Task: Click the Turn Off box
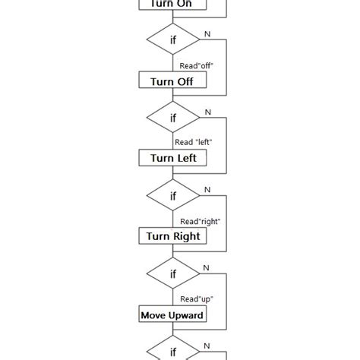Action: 172,81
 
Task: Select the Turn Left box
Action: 172,158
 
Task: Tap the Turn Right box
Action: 172,236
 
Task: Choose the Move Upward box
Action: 172,314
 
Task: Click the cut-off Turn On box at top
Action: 172,5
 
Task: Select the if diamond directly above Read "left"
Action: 172,118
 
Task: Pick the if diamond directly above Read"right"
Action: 172,196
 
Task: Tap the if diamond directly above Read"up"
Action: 172,274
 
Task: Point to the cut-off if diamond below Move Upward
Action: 172,350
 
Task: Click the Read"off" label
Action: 196,65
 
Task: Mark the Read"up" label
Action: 196,298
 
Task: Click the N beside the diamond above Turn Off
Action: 207,33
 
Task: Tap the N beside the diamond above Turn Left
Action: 207,112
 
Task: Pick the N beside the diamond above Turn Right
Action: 207,190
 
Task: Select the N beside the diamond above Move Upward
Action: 207,268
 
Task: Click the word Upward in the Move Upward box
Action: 186,314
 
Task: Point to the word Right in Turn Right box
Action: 187,236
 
